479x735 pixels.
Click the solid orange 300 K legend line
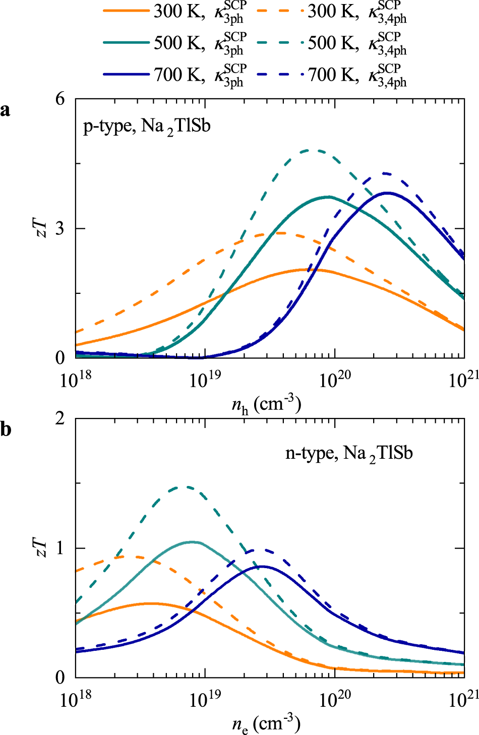click(126, 11)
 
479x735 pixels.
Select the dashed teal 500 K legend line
click(280, 43)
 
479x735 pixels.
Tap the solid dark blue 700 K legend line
click(126, 75)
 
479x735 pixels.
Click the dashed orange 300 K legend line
click(280, 11)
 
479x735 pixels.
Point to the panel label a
click(6, 109)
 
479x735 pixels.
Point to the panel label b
click(6, 429)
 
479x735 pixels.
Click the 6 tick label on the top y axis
click(61, 99)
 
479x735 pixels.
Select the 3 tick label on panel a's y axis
click(61, 228)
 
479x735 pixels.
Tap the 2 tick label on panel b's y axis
click(61, 418)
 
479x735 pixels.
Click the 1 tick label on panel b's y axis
click(61, 548)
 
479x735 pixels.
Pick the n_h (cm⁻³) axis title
click(266, 404)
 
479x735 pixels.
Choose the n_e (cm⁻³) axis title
click(266, 724)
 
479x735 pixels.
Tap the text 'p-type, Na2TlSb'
click(147, 126)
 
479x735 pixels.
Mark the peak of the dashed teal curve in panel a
click(315, 150)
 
